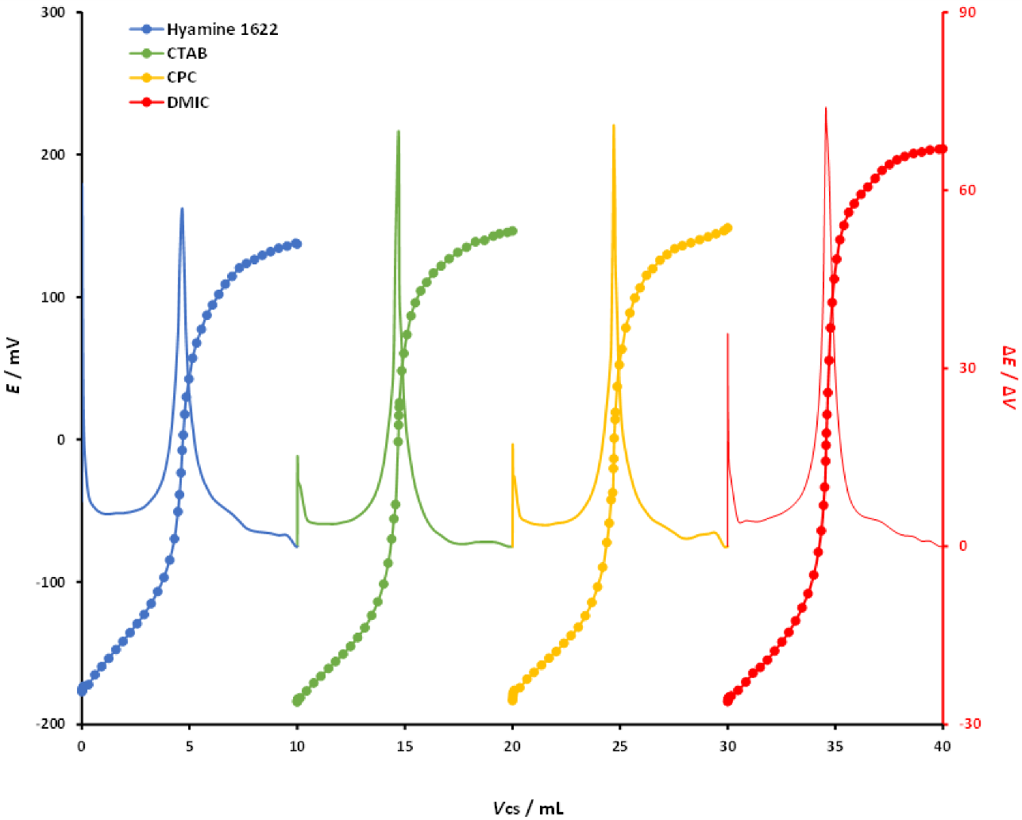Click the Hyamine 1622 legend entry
(222, 29)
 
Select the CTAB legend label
(187, 53)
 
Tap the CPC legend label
(181, 77)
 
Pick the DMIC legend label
(187, 102)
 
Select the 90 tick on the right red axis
(966, 13)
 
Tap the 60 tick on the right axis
(966, 191)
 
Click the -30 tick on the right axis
(969, 724)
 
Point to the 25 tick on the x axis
(619, 745)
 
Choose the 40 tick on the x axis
(942, 745)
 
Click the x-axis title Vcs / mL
(528, 808)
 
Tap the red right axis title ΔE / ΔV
(1009, 378)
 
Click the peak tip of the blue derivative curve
(182, 209)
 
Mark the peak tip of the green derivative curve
(398, 131)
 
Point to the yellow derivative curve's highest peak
(613, 125)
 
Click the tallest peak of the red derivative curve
(826, 108)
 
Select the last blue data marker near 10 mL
(296, 244)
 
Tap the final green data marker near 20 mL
(512, 231)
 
